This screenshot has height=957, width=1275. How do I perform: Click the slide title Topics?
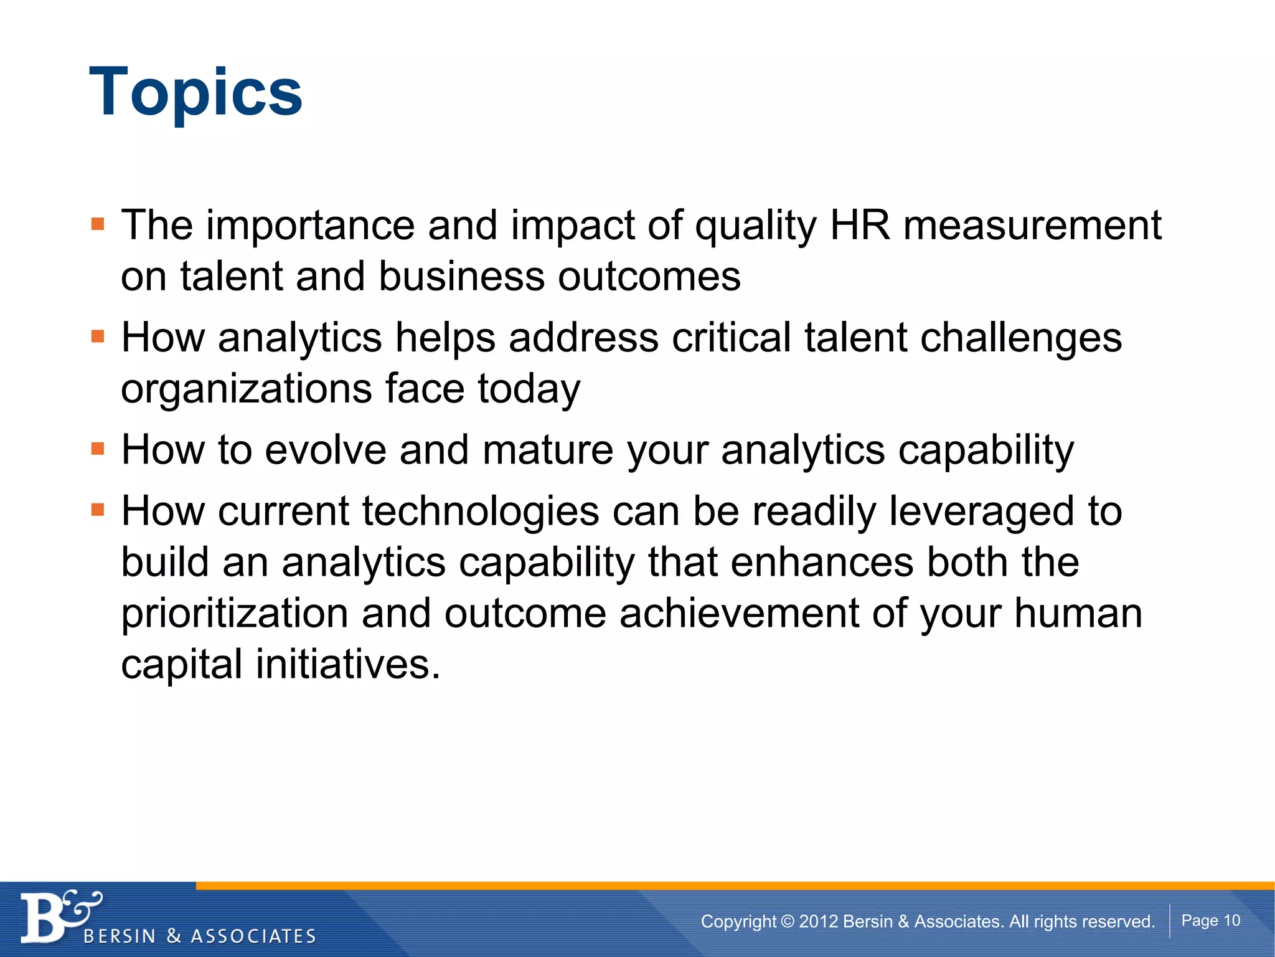(195, 92)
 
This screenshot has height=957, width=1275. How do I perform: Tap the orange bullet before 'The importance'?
(98, 224)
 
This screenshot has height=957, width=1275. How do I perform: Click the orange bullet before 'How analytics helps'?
(98, 337)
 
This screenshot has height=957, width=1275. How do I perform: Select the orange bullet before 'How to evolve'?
(98, 449)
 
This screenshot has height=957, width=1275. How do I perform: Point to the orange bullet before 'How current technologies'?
(98, 510)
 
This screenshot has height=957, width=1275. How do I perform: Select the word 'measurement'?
(1032, 225)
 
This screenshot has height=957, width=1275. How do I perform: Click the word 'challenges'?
(1021, 338)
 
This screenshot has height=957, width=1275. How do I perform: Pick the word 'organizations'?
(247, 389)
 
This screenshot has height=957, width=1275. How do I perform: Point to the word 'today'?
(529, 389)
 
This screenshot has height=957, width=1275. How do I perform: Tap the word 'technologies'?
(481, 511)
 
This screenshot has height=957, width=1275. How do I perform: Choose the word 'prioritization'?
(235, 613)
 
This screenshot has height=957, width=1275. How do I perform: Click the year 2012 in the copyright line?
(819, 921)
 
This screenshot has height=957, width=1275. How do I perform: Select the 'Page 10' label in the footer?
(1210, 920)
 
